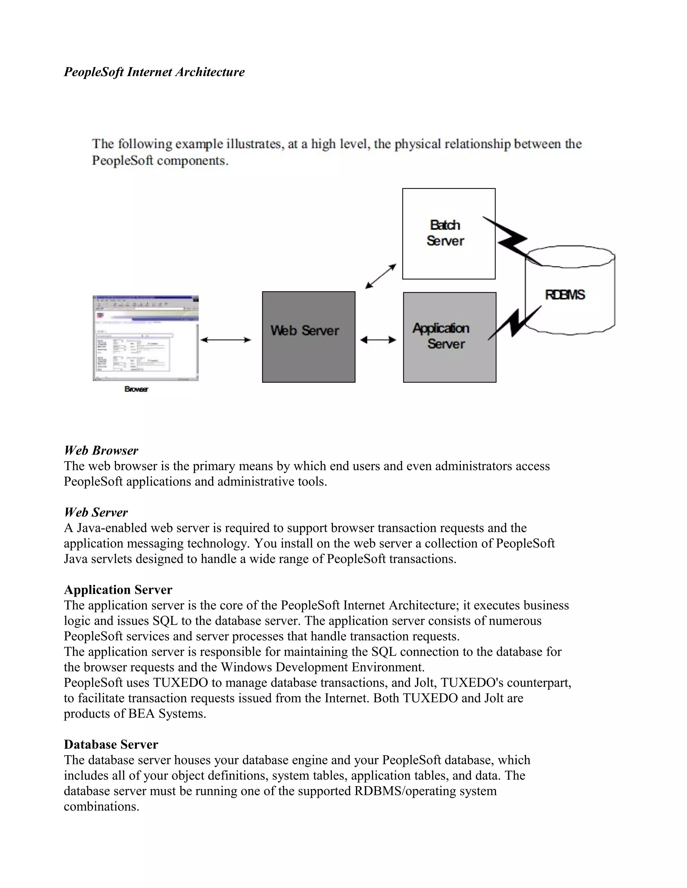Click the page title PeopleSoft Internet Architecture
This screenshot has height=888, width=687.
[x=154, y=72]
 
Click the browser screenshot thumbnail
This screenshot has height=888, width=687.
[x=145, y=338]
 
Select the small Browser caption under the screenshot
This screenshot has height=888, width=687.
[x=136, y=389]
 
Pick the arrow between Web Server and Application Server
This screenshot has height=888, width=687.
[x=378, y=339]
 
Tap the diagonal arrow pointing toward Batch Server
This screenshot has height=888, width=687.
[x=380, y=276]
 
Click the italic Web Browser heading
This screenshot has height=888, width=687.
[x=101, y=450]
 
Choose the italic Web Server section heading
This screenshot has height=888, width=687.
[x=96, y=512]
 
